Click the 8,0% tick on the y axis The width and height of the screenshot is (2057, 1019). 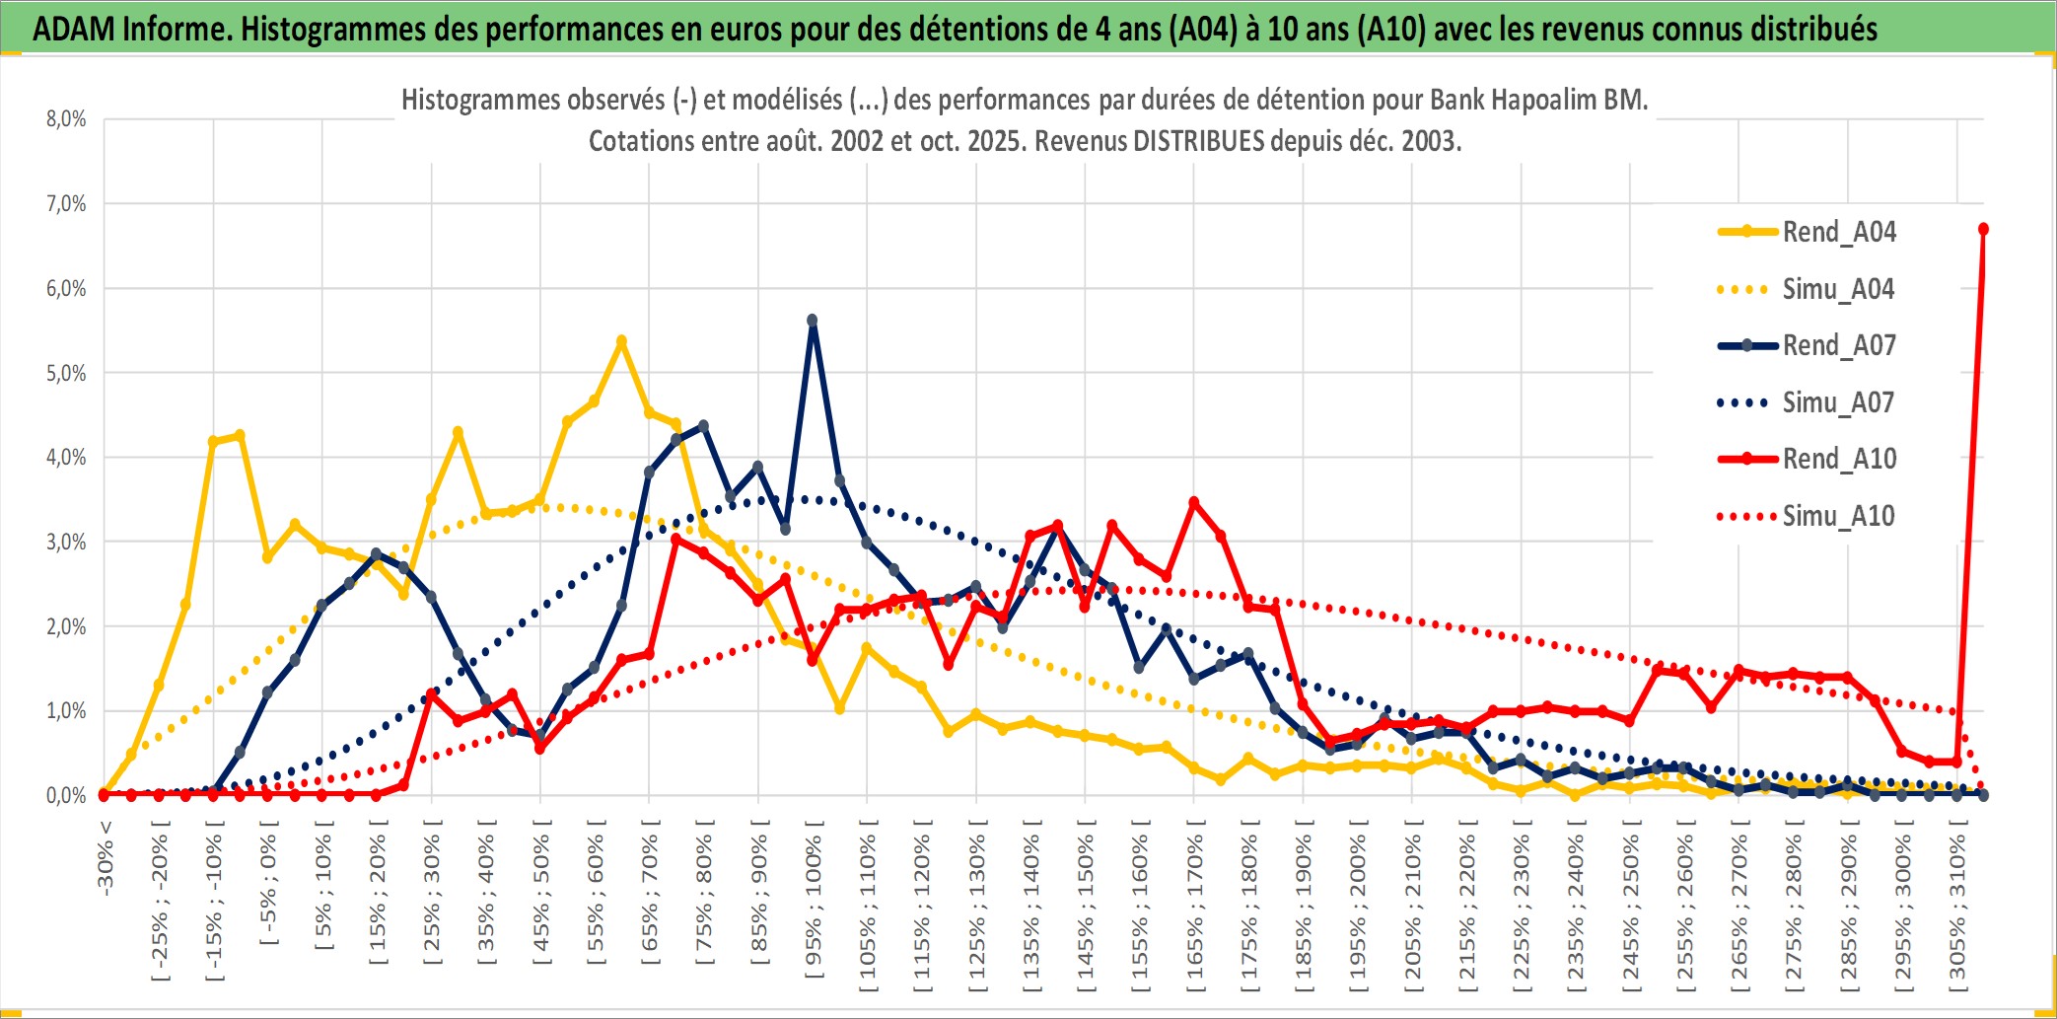[66, 119]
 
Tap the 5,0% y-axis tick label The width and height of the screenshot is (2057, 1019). [66, 373]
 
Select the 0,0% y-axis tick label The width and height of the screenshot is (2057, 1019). [66, 795]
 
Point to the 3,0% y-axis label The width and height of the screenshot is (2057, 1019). [66, 542]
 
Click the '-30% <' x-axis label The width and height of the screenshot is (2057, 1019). [106, 857]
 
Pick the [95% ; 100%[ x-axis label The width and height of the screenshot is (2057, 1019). [814, 908]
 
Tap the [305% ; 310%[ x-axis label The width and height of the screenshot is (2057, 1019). [1957, 908]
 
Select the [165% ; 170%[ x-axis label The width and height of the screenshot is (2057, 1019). [1195, 908]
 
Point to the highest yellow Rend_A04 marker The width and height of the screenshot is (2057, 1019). [621, 341]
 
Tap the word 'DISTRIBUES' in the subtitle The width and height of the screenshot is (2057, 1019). [1198, 141]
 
